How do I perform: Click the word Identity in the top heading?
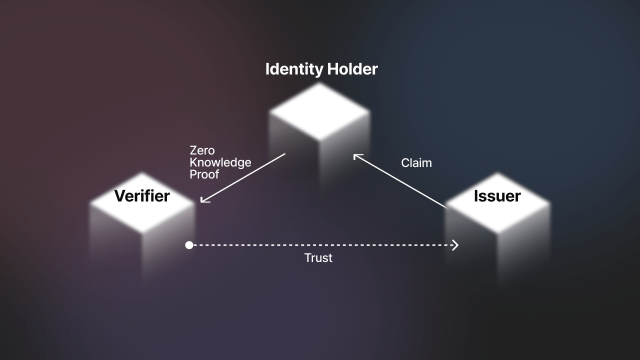294,69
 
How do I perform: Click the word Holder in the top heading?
352,69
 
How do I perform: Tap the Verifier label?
142,196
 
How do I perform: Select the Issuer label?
497,196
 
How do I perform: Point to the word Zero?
202,150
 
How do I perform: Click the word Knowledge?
220,163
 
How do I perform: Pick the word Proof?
204,174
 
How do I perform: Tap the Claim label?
416,163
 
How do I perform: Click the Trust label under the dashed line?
318,258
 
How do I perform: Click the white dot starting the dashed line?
189,245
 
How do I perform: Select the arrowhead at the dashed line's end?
455,245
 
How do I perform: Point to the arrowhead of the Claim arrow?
357,156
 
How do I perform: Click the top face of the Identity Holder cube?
319,111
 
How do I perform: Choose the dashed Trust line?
323,245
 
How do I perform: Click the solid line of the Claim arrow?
400,181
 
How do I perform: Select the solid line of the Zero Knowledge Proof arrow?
243,177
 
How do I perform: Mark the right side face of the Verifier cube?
168,243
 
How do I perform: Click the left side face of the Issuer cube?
471,240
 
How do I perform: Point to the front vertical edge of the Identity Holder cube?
319,163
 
